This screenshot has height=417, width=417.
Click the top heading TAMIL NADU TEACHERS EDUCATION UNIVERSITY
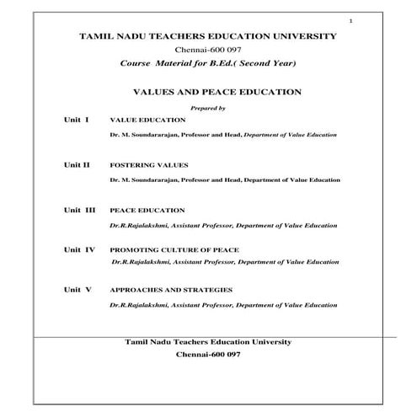pyautogui.click(x=207, y=36)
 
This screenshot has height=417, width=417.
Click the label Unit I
pyautogui.click(x=77, y=120)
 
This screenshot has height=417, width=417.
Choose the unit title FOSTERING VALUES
pyautogui.click(x=149, y=165)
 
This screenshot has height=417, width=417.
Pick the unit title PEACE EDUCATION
pyautogui.click(x=147, y=210)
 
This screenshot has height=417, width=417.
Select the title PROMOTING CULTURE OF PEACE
pyautogui.click(x=174, y=250)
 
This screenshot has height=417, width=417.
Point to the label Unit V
pyautogui.click(x=78, y=289)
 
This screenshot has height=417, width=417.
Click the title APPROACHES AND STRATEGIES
pyautogui.click(x=171, y=290)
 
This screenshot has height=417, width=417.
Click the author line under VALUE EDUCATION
pyautogui.click(x=224, y=136)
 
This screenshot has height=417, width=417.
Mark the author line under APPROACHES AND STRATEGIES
pyautogui.click(x=224, y=304)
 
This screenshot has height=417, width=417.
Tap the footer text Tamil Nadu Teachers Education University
pyautogui.click(x=207, y=341)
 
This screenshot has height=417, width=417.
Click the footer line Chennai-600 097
pyautogui.click(x=207, y=356)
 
